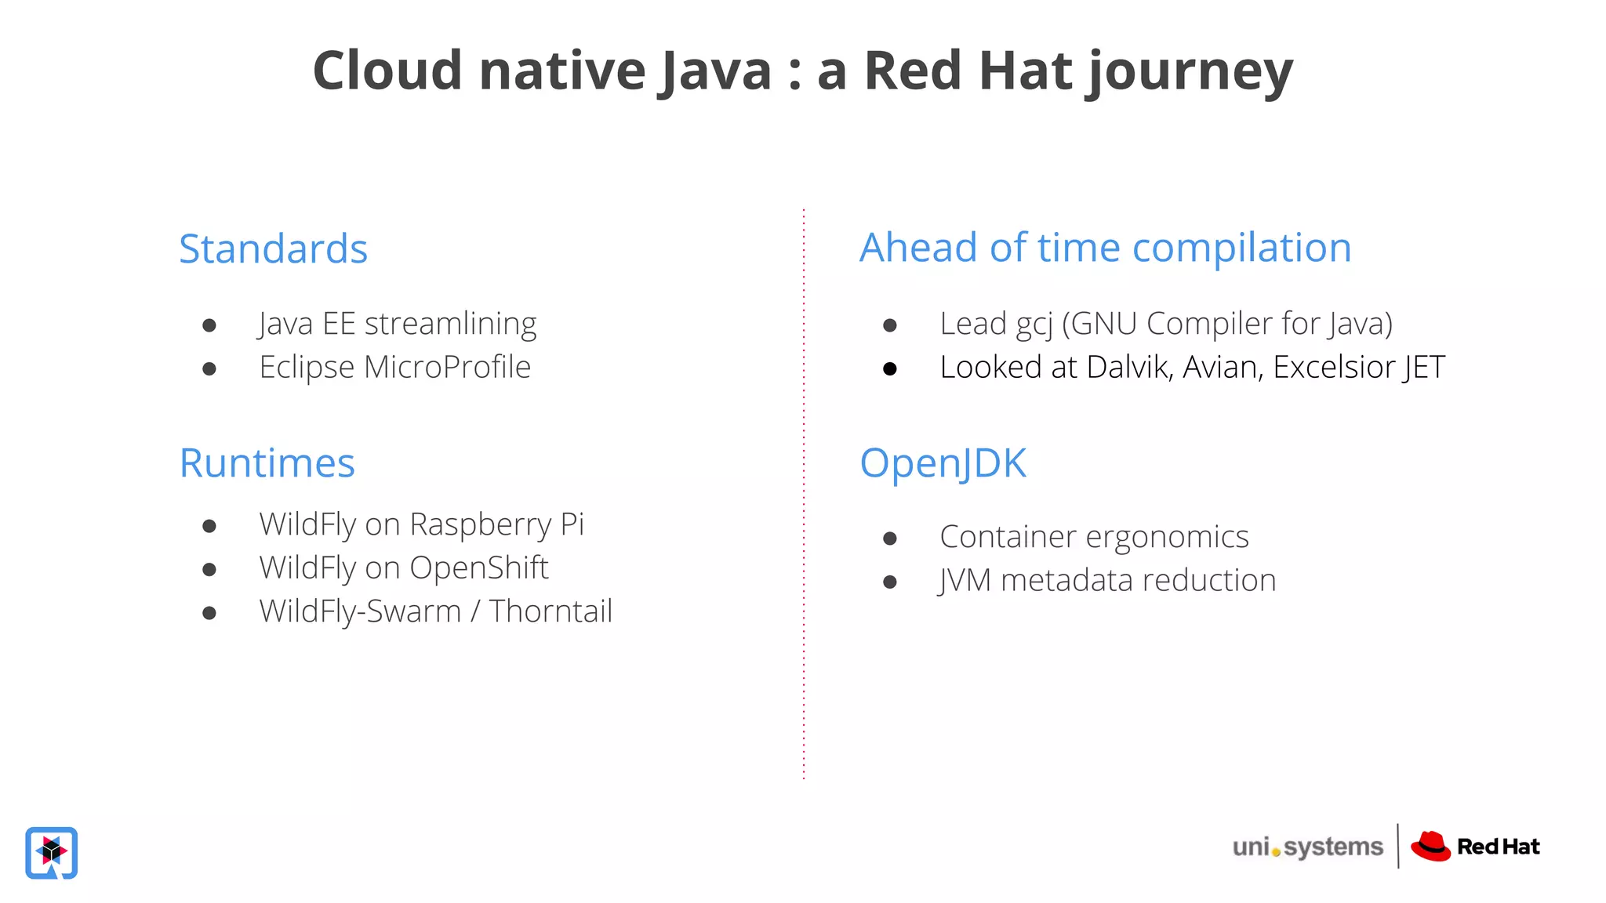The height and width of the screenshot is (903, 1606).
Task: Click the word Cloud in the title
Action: pyautogui.click(x=387, y=71)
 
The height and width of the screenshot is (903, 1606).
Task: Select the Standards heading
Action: pyautogui.click(x=273, y=248)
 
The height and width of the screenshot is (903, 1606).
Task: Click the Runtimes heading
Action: pyautogui.click(x=267, y=462)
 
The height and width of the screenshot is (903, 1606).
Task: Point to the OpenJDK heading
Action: pyautogui.click(x=943, y=462)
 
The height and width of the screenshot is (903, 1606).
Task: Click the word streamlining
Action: pyautogui.click(x=450, y=324)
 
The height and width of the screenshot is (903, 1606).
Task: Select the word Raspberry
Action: pyautogui.click(x=481, y=524)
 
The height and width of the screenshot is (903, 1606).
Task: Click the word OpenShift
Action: pyautogui.click(x=478, y=568)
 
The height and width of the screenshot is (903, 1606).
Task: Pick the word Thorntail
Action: pyautogui.click(x=550, y=611)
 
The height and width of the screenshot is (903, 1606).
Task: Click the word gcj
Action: pyautogui.click(x=1034, y=324)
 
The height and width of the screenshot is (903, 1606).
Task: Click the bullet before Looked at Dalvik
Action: pyautogui.click(x=889, y=368)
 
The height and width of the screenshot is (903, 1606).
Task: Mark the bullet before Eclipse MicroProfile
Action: pyautogui.click(x=209, y=368)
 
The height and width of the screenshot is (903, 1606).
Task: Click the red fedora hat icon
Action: pyautogui.click(x=1430, y=847)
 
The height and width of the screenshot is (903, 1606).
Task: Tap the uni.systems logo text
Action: pyautogui.click(x=1307, y=847)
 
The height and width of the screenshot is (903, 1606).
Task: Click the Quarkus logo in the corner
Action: pyautogui.click(x=52, y=852)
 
